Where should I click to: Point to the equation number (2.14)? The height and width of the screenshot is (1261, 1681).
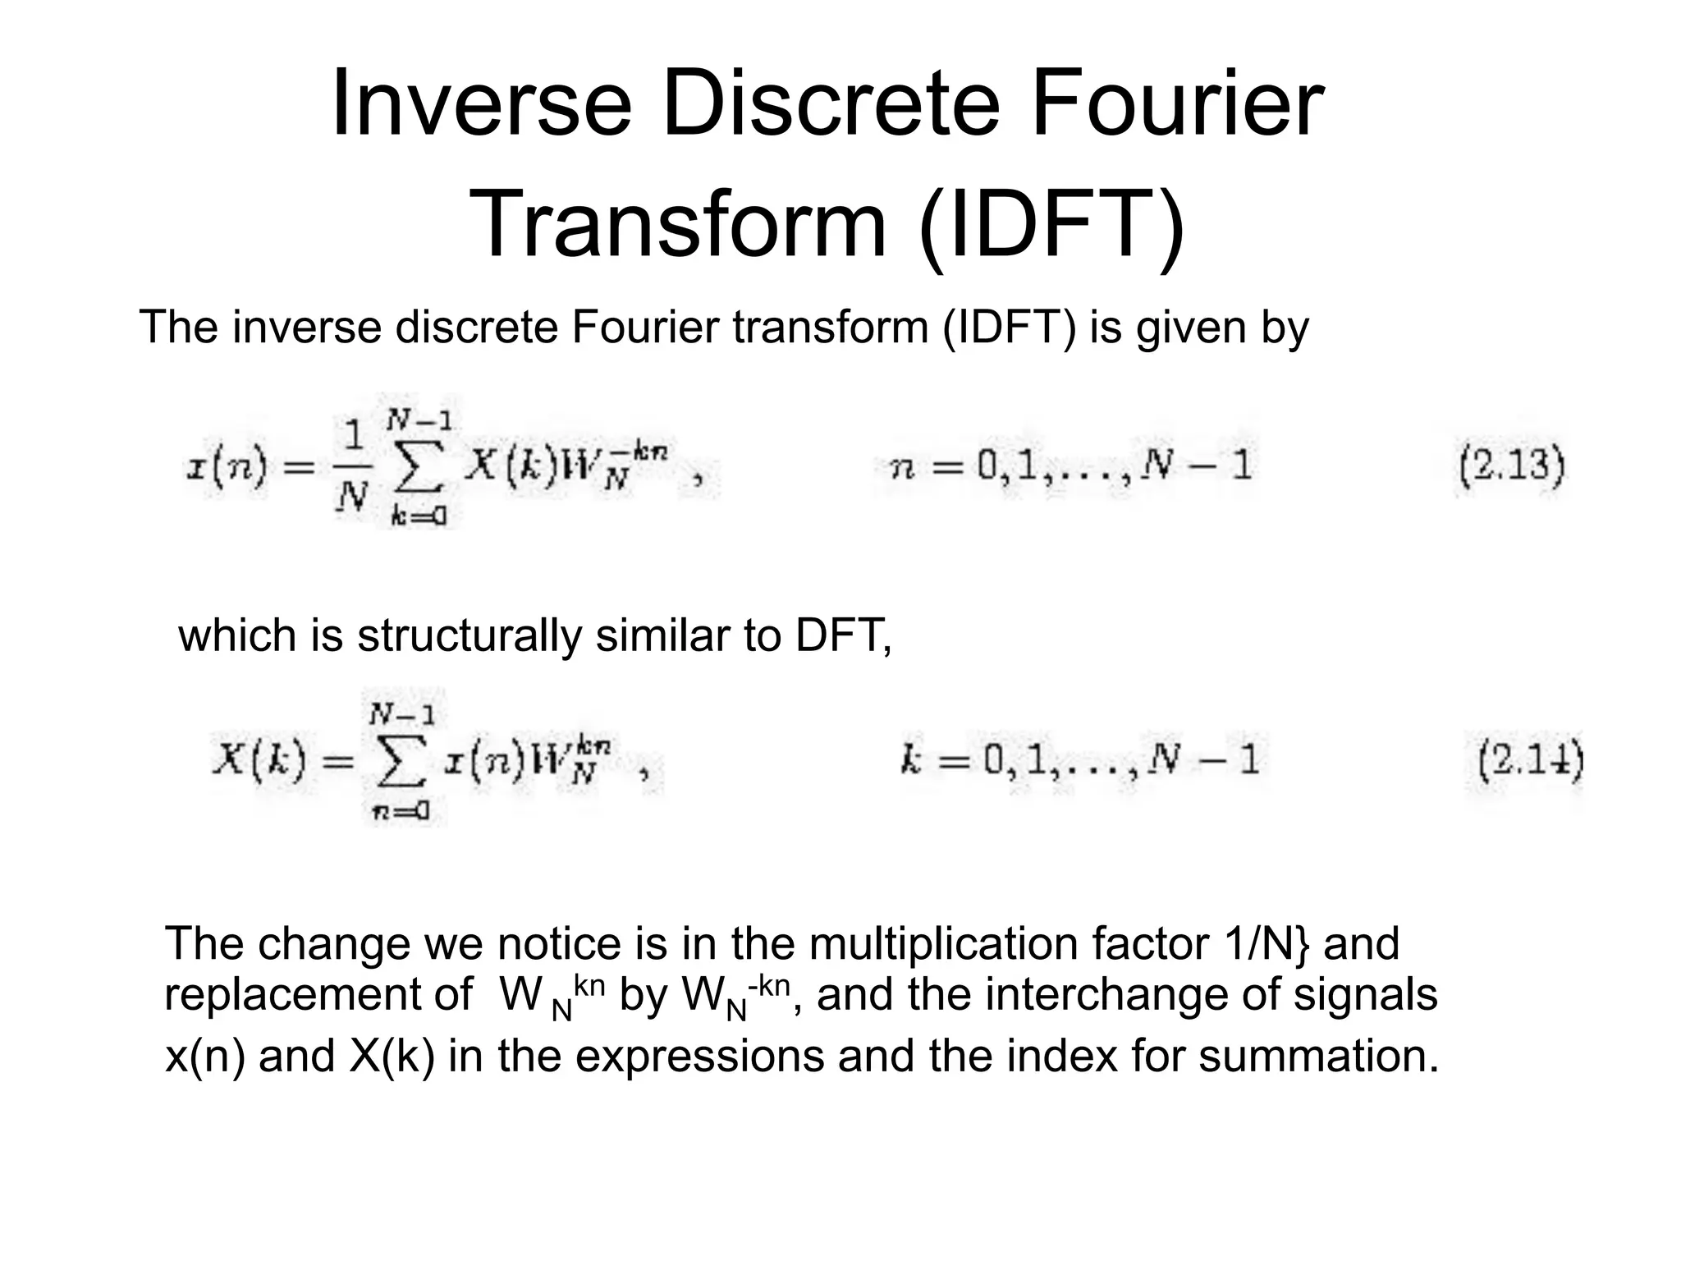(1529, 760)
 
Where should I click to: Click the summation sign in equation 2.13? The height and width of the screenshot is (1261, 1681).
(419, 470)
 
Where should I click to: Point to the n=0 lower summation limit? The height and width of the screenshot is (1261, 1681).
(400, 812)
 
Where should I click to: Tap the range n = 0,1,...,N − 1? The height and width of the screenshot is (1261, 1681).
(1072, 467)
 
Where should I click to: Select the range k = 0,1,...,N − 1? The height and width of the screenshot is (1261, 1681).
(1080, 760)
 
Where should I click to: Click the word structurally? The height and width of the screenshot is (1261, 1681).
(469, 636)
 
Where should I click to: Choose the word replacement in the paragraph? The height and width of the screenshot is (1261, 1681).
(318, 995)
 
